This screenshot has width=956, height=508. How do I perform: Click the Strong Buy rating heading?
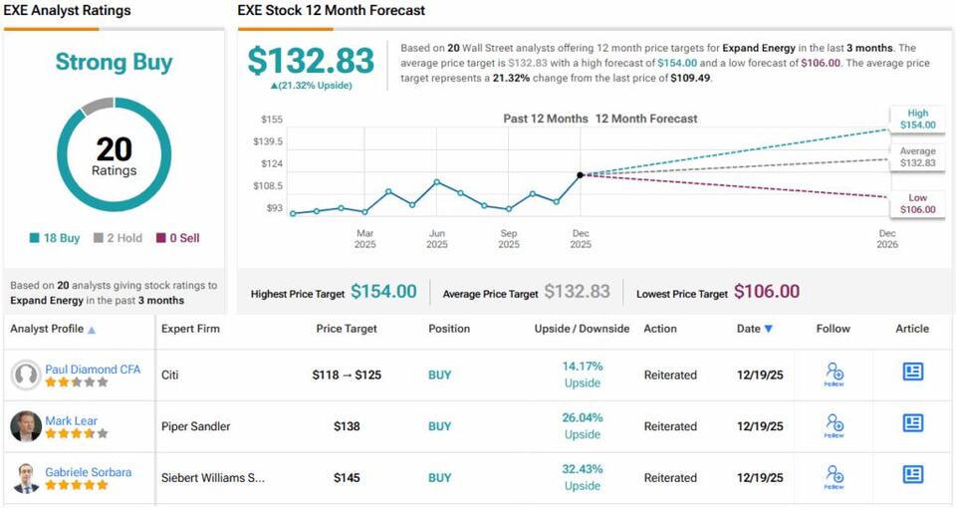[x=113, y=62]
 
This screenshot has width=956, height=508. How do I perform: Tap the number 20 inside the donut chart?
[x=114, y=149]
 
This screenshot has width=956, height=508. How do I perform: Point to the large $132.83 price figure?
[x=311, y=61]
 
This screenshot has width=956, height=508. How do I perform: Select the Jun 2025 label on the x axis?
[x=436, y=238]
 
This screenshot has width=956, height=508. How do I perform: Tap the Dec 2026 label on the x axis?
[x=887, y=238]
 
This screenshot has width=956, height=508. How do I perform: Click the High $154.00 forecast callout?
[x=916, y=119]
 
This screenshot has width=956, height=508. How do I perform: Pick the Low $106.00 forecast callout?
[x=916, y=203]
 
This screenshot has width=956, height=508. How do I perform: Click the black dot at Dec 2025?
[x=581, y=175]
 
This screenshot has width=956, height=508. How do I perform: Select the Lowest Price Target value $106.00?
[x=767, y=292]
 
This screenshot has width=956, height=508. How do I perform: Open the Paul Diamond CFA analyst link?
[x=93, y=370]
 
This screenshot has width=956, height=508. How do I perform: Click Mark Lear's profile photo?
[x=26, y=426]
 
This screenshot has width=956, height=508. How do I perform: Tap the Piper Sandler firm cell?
[x=196, y=426]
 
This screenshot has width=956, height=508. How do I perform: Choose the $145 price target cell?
[x=347, y=478]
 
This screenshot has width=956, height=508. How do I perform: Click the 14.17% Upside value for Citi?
[x=582, y=375]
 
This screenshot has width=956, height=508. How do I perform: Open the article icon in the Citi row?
[x=912, y=372]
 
